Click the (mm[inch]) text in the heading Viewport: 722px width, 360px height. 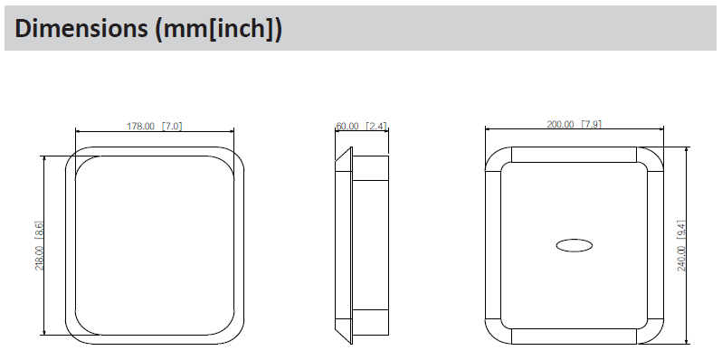(x=218, y=29)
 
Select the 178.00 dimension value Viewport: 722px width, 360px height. (x=140, y=126)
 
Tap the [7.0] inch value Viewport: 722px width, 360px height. (x=172, y=126)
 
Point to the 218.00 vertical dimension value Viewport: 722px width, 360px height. (x=40, y=258)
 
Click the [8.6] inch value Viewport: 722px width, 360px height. (x=40, y=231)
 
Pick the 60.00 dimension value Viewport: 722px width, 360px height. (x=347, y=126)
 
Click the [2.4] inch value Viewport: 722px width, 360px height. (x=376, y=126)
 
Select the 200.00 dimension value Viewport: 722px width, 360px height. (x=560, y=124)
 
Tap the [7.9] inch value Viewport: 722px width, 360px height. (x=592, y=124)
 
